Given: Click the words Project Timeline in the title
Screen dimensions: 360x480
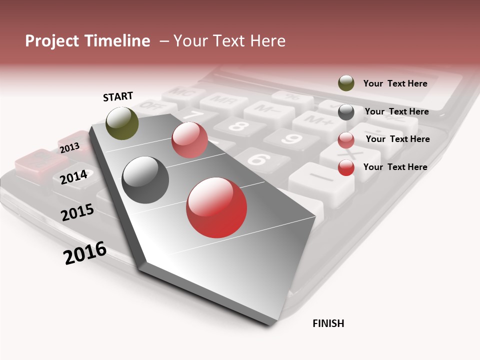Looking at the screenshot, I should [x=87, y=41].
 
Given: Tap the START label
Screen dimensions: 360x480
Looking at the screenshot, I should [x=118, y=96].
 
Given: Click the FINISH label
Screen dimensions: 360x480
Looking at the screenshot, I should [x=328, y=323].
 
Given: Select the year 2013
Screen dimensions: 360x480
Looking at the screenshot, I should [x=69, y=148].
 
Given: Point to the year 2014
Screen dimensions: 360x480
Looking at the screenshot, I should [x=74, y=177].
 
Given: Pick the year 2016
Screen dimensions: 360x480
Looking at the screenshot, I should [x=85, y=253].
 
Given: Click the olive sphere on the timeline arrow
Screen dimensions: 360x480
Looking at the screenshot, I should [x=122, y=123].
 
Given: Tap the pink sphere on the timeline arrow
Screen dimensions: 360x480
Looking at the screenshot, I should [x=189, y=140].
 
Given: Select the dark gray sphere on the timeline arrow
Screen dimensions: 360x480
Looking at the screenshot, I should [x=145, y=180].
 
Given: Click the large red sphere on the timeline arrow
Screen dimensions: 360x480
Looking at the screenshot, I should [x=216, y=207].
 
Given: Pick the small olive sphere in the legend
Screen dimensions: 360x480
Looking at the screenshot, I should [x=346, y=83].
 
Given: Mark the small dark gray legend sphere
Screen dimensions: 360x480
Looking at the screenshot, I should [x=346, y=112].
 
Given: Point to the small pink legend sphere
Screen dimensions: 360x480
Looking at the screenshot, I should [x=346, y=140].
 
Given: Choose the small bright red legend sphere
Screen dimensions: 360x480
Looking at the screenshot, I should [x=346, y=168].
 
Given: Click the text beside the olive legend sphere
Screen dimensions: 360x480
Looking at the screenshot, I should [x=395, y=83].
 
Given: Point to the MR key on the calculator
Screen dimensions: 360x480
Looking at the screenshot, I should [x=222, y=101].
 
